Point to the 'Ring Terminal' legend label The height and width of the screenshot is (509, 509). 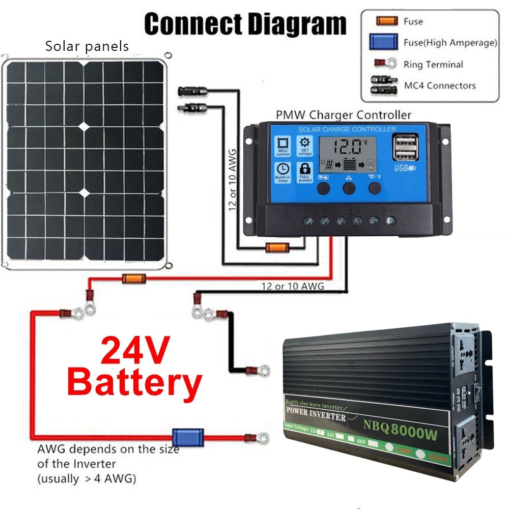(433, 65)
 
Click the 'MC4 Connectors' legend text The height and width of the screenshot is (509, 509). (439, 86)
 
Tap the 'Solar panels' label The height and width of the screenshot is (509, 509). (87, 47)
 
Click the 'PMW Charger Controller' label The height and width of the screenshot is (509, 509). (343, 115)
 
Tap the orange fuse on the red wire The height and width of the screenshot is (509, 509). (133, 278)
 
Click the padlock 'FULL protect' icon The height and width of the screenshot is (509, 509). (304, 172)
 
